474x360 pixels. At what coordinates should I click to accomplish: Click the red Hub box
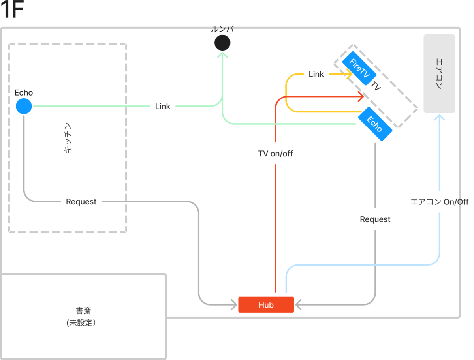266,305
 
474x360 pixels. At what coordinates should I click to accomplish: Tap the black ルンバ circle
222,43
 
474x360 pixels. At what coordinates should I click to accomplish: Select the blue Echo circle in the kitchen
24,106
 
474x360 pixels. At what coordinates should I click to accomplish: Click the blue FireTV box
359,68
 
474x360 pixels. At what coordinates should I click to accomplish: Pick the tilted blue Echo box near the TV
375,124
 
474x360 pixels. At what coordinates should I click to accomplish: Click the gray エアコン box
439,73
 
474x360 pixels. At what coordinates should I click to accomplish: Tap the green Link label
163,106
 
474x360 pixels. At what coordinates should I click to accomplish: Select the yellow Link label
316,74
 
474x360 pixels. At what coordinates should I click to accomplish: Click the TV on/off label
275,154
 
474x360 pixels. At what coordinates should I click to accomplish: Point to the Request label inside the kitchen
81,202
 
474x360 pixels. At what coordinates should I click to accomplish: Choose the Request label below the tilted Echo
375,219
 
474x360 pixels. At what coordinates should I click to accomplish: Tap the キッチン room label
68,138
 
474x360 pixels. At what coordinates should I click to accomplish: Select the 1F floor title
13,11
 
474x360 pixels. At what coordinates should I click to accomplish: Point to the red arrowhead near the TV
360,96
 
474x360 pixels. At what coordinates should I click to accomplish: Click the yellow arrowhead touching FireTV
349,74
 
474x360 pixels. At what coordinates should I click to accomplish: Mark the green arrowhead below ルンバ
222,56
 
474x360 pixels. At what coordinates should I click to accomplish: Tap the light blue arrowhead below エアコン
439,118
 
